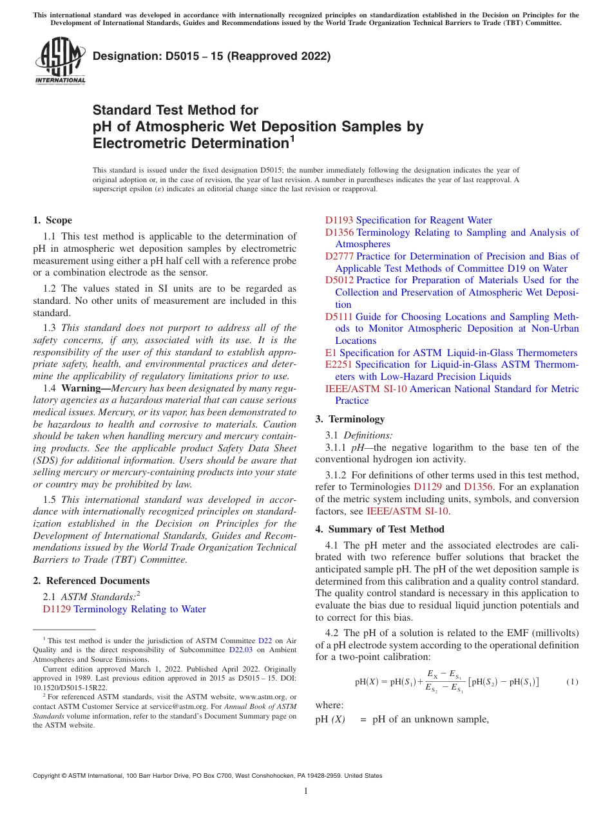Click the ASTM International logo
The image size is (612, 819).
[59, 61]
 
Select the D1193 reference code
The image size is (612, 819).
[339, 220]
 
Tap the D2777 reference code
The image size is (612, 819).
[339, 256]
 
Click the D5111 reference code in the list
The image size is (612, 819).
[339, 317]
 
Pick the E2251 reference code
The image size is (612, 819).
[339, 364]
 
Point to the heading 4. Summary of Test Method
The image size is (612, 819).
[379, 529]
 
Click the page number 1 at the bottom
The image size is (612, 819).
[306, 792]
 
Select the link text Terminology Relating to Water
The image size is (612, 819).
[140, 609]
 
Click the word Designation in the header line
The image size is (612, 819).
[122, 56]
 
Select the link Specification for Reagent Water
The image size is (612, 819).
[424, 220]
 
